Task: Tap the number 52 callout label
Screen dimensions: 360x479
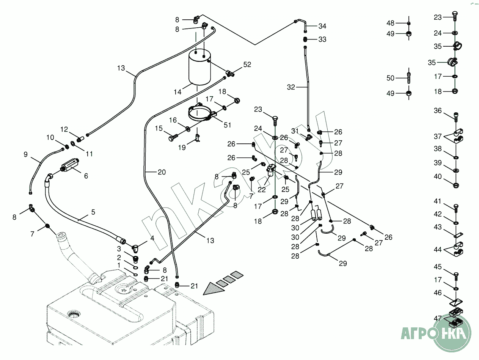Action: pos(247,65)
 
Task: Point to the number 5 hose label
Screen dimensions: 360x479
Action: pos(93,212)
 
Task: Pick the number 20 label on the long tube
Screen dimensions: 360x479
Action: pos(162,172)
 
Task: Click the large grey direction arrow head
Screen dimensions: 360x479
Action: pos(212,289)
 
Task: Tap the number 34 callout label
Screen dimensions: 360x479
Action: pos(322,26)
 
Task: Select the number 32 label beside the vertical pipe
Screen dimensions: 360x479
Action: pos(291,87)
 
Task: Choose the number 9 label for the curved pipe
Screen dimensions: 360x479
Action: pos(26,154)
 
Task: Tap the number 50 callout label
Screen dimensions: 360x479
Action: pos(390,78)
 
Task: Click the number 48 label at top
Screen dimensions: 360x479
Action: pos(390,23)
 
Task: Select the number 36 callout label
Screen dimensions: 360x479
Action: pos(438,111)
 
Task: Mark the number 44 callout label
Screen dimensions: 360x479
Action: pos(438,250)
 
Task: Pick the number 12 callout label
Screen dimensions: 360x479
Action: pos(64,129)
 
